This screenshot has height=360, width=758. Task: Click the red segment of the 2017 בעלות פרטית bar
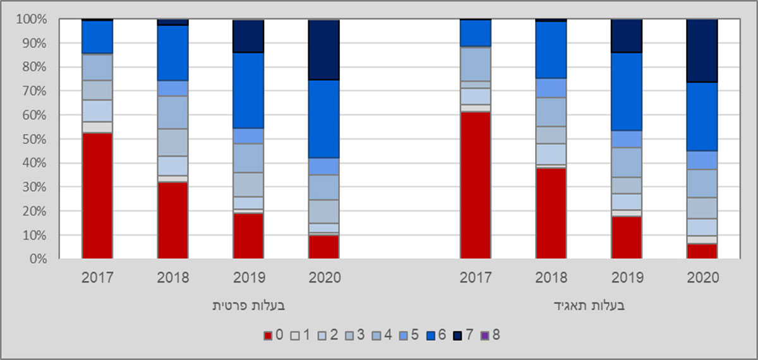[97, 195]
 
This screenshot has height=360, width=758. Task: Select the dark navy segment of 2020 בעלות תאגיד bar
[702, 51]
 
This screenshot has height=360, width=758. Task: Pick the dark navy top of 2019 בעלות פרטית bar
[248, 36]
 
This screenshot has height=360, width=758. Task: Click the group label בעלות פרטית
[248, 306]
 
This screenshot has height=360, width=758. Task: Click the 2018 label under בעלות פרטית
[172, 278]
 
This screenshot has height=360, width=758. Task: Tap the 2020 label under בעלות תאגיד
[702, 278]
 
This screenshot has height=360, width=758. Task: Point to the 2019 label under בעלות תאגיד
[626, 278]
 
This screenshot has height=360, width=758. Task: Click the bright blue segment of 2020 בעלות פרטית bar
[323, 119]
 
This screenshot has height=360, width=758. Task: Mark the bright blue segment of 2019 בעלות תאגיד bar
[626, 92]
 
